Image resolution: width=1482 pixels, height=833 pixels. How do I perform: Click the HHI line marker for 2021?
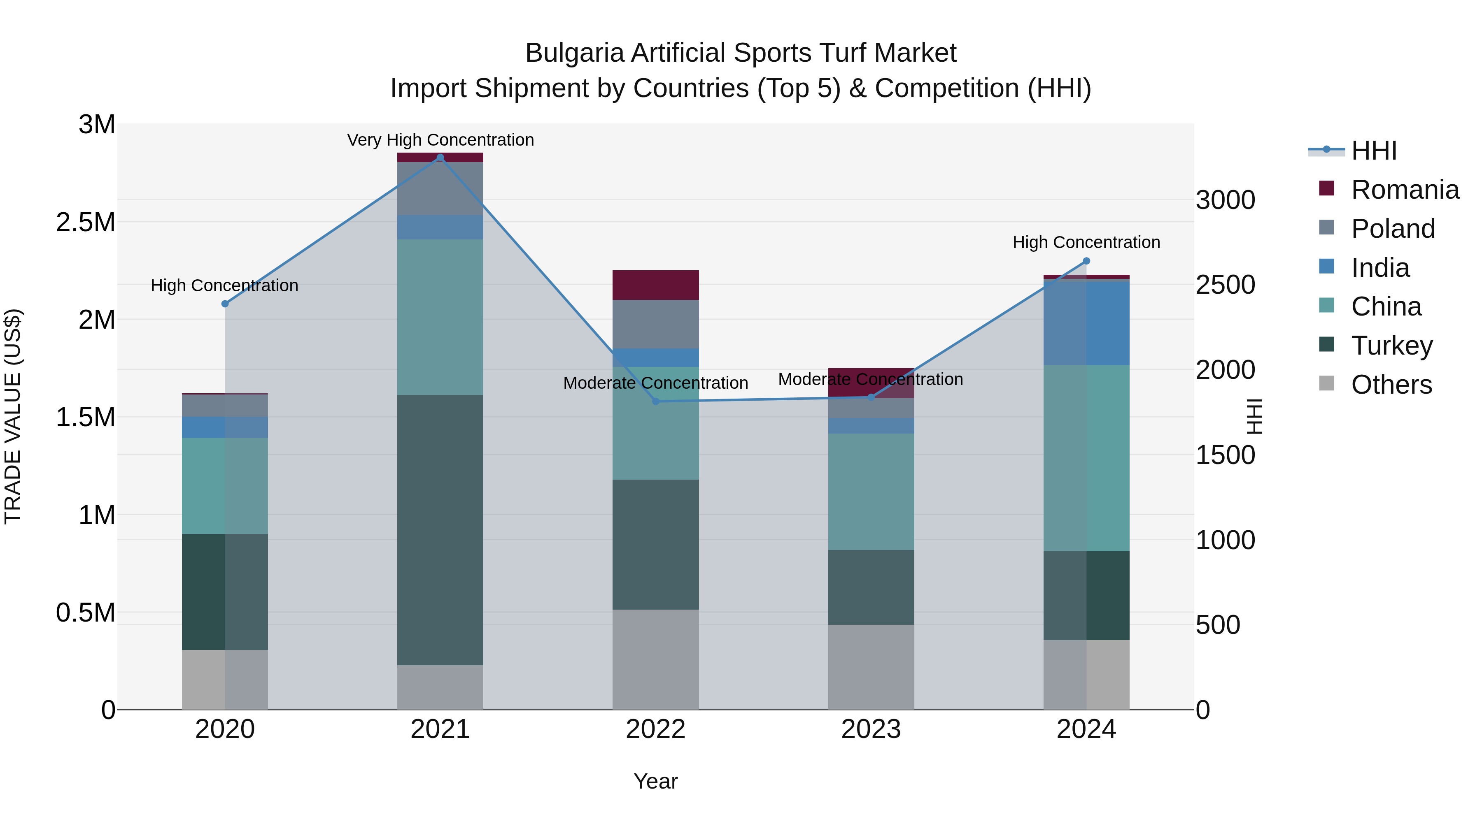(x=440, y=158)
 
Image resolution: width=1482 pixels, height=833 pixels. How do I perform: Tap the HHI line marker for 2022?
(x=655, y=401)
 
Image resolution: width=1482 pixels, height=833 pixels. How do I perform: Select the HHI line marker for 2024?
(x=1086, y=261)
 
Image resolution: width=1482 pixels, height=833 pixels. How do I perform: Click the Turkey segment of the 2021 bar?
(x=440, y=529)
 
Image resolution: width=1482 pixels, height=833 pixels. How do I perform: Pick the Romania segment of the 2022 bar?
(x=655, y=285)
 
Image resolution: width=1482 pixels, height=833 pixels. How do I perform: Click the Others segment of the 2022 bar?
(x=655, y=659)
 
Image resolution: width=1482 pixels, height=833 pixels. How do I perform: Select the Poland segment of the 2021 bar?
(x=440, y=188)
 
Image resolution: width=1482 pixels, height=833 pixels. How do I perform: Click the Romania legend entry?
(x=1404, y=190)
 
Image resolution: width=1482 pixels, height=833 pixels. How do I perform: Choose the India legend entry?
(x=1379, y=268)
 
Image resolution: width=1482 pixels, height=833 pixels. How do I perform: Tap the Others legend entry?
(x=1391, y=385)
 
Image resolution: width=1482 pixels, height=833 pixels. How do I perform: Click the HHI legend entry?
(x=1373, y=151)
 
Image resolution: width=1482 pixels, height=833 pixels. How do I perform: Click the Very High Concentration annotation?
(x=440, y=140)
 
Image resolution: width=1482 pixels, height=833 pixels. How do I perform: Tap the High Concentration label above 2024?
(x=1086, y=242)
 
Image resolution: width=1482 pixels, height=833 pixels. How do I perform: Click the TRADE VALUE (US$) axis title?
(x=13, y=416)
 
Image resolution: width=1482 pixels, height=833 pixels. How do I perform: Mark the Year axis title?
(x=655, y=781)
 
